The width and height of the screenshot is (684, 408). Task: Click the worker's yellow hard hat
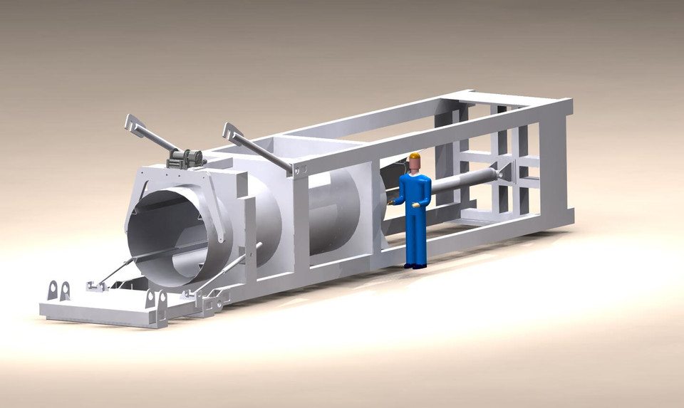pos(415,157)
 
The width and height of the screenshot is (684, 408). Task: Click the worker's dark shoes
pos(415,266)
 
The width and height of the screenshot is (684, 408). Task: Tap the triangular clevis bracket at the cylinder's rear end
pos(507,172)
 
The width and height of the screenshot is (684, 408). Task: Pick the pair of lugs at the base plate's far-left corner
pos(58,291)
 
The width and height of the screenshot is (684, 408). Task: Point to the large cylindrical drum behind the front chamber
pos(338,214)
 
